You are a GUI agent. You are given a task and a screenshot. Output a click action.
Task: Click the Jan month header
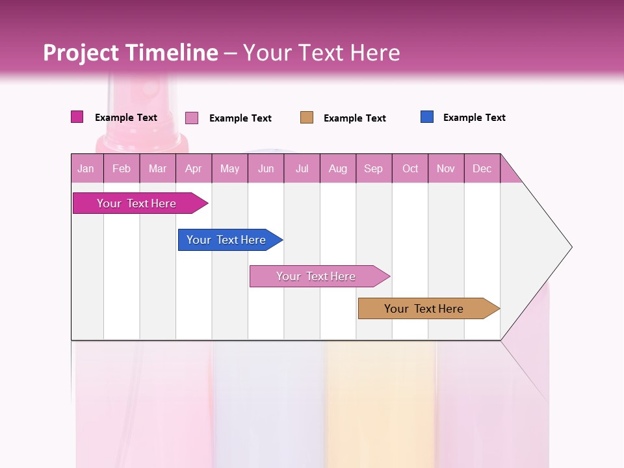pyautogui.click(x=86, y=168)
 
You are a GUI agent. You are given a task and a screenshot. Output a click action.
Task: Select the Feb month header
pyautogui.click(x=122, y=168)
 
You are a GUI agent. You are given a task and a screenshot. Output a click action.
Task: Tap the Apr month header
pyautogui.click(x=194, y=168)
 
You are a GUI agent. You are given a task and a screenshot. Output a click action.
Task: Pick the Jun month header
pyautogui.click(x=266, y=168)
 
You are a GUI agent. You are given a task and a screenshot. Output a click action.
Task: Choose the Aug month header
pyautogui.click(x=338, y=168)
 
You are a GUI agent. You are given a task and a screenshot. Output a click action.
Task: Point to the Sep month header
pyautogui.click(x=374, y=168)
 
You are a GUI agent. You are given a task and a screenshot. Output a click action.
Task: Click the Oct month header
pyautogui.click(x=410, y=168)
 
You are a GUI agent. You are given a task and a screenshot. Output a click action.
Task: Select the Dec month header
pyautogui.click(x=482, y=168)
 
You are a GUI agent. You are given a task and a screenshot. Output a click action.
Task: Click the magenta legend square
pyautogui.click(x=77, y=117)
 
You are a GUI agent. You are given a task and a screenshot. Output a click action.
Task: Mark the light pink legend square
pyautogui.click(x=192, y=118)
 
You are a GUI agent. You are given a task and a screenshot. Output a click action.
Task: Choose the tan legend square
pyautogui.click(x=307, y=118)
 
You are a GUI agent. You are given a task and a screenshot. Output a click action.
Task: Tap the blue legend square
pyautogui.click(x=427, y=117)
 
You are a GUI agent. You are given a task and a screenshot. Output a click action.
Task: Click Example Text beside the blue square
pyautogui.click(x=474, y=118)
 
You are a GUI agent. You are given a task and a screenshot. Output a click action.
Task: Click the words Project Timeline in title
pyautogui.click(x=131, y=53)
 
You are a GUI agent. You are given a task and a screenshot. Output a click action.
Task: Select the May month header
pyautogui.click(x=229, y=168)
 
